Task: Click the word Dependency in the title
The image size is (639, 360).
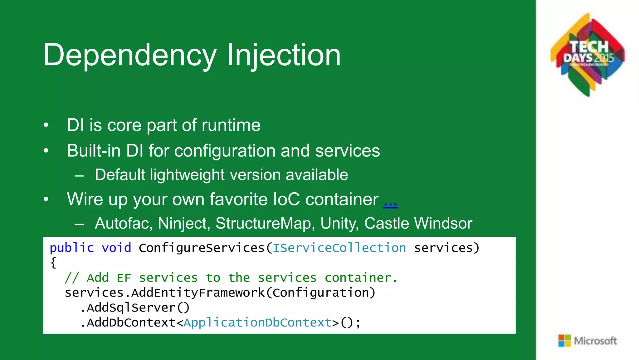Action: tap(130, 55)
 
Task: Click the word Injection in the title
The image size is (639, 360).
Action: tap(284, 55)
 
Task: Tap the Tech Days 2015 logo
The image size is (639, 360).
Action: tap(588, 55)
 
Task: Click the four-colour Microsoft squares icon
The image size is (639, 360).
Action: tap(564, 341)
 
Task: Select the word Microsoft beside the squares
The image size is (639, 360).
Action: tap(595, 341)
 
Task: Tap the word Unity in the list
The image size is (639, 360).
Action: tap(339, 223)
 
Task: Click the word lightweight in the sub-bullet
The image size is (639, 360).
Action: tap(187, 175)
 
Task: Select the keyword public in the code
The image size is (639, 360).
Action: tap(72, 248)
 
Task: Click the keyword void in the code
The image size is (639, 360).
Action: tap(116, 248)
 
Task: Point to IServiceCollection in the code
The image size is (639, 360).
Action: tap(339, 248)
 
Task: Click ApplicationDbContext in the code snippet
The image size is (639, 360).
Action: tap(258, 323)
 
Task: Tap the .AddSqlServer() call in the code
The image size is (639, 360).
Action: tap(135, 308)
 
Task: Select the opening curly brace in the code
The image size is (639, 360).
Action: tap(53, 263)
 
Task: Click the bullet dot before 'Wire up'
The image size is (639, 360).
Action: tap(46, 199)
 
